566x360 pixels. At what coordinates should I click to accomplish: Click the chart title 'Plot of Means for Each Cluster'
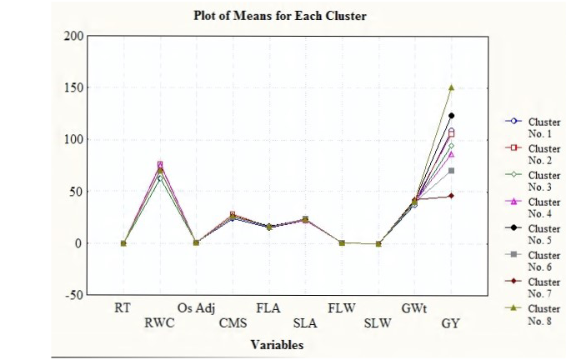(x=280, y=16)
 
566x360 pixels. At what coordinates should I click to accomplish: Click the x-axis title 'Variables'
(x=278, y=345)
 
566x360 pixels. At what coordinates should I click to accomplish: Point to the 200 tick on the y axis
(x=73, y=36)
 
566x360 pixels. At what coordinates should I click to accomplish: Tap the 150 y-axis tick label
(x=73, y=87)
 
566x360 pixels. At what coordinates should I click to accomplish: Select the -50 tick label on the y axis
(x=74, y=295)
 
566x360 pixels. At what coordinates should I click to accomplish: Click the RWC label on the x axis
(x=159, y=322)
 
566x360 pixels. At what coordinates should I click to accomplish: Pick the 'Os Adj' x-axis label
(x=196, y=309)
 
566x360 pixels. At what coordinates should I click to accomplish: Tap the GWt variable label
(x=414, y=308)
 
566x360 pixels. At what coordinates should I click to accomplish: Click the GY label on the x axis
(x=450, y=323)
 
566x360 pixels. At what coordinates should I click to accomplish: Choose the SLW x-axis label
(x=378, y=323)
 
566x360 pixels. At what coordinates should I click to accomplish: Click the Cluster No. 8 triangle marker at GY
(x=451, y=87)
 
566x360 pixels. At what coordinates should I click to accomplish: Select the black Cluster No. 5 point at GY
(x=451, y=116)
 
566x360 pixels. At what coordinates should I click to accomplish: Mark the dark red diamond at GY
(x=451, y=196)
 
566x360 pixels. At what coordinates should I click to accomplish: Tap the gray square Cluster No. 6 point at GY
(x=451, y=171)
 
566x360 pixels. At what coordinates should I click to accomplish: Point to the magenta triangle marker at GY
(x=451, y=154)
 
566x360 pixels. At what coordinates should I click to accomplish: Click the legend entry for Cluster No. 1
(x=533, y=127)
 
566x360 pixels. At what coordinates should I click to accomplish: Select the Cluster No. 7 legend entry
(x=533, y=287)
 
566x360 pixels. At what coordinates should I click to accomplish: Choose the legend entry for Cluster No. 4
(x=533, y=207)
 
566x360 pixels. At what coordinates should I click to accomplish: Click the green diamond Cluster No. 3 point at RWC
(x=160, y=177)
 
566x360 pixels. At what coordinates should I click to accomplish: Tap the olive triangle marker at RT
(x=123, y=243)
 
